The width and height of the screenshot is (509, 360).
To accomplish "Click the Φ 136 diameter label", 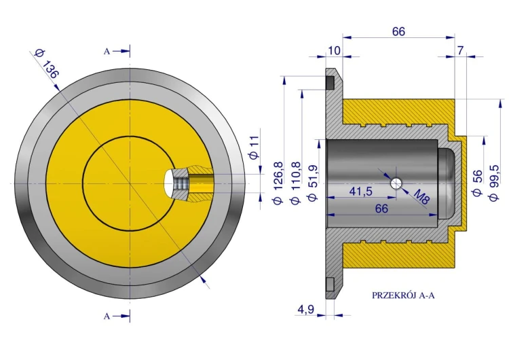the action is click(x=46, y=65).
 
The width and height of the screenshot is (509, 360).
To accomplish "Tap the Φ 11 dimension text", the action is click(x=254, y=147).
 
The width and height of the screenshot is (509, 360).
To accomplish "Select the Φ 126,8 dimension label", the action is click(x=278, y=183).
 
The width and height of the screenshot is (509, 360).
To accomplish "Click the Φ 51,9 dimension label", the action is click(x=313, y=183).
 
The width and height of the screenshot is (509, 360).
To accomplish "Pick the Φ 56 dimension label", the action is click(x=477, y=183).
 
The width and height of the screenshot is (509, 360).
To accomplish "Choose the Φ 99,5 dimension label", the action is click(x=494, y=183).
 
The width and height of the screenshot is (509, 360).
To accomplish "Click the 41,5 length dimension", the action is click(x=360, y=192).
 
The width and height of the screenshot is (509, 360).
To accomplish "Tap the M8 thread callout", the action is click(x=421, y=197).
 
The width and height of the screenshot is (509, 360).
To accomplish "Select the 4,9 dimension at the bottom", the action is click(x=305, y=309).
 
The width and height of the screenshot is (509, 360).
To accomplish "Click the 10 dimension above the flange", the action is click(x=334, y=51).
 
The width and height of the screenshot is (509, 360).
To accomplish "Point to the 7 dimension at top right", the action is click(x=460, y=51).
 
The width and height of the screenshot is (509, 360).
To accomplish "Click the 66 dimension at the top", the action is click(x=398, y=31).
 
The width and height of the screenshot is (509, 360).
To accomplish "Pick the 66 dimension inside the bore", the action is click(x=381, y=209).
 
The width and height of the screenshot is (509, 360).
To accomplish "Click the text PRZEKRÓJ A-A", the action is click(x=403, y=295).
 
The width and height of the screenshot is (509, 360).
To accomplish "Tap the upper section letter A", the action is click(x=107, y=52).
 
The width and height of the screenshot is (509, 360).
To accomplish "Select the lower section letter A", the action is click(x=107, y=316).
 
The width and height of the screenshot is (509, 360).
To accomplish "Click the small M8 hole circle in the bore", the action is click(x=396, y=183).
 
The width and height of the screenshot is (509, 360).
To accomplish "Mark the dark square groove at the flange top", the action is click(x=330, y=82).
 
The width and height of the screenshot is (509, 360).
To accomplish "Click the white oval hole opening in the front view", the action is click(x=169, y=183).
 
